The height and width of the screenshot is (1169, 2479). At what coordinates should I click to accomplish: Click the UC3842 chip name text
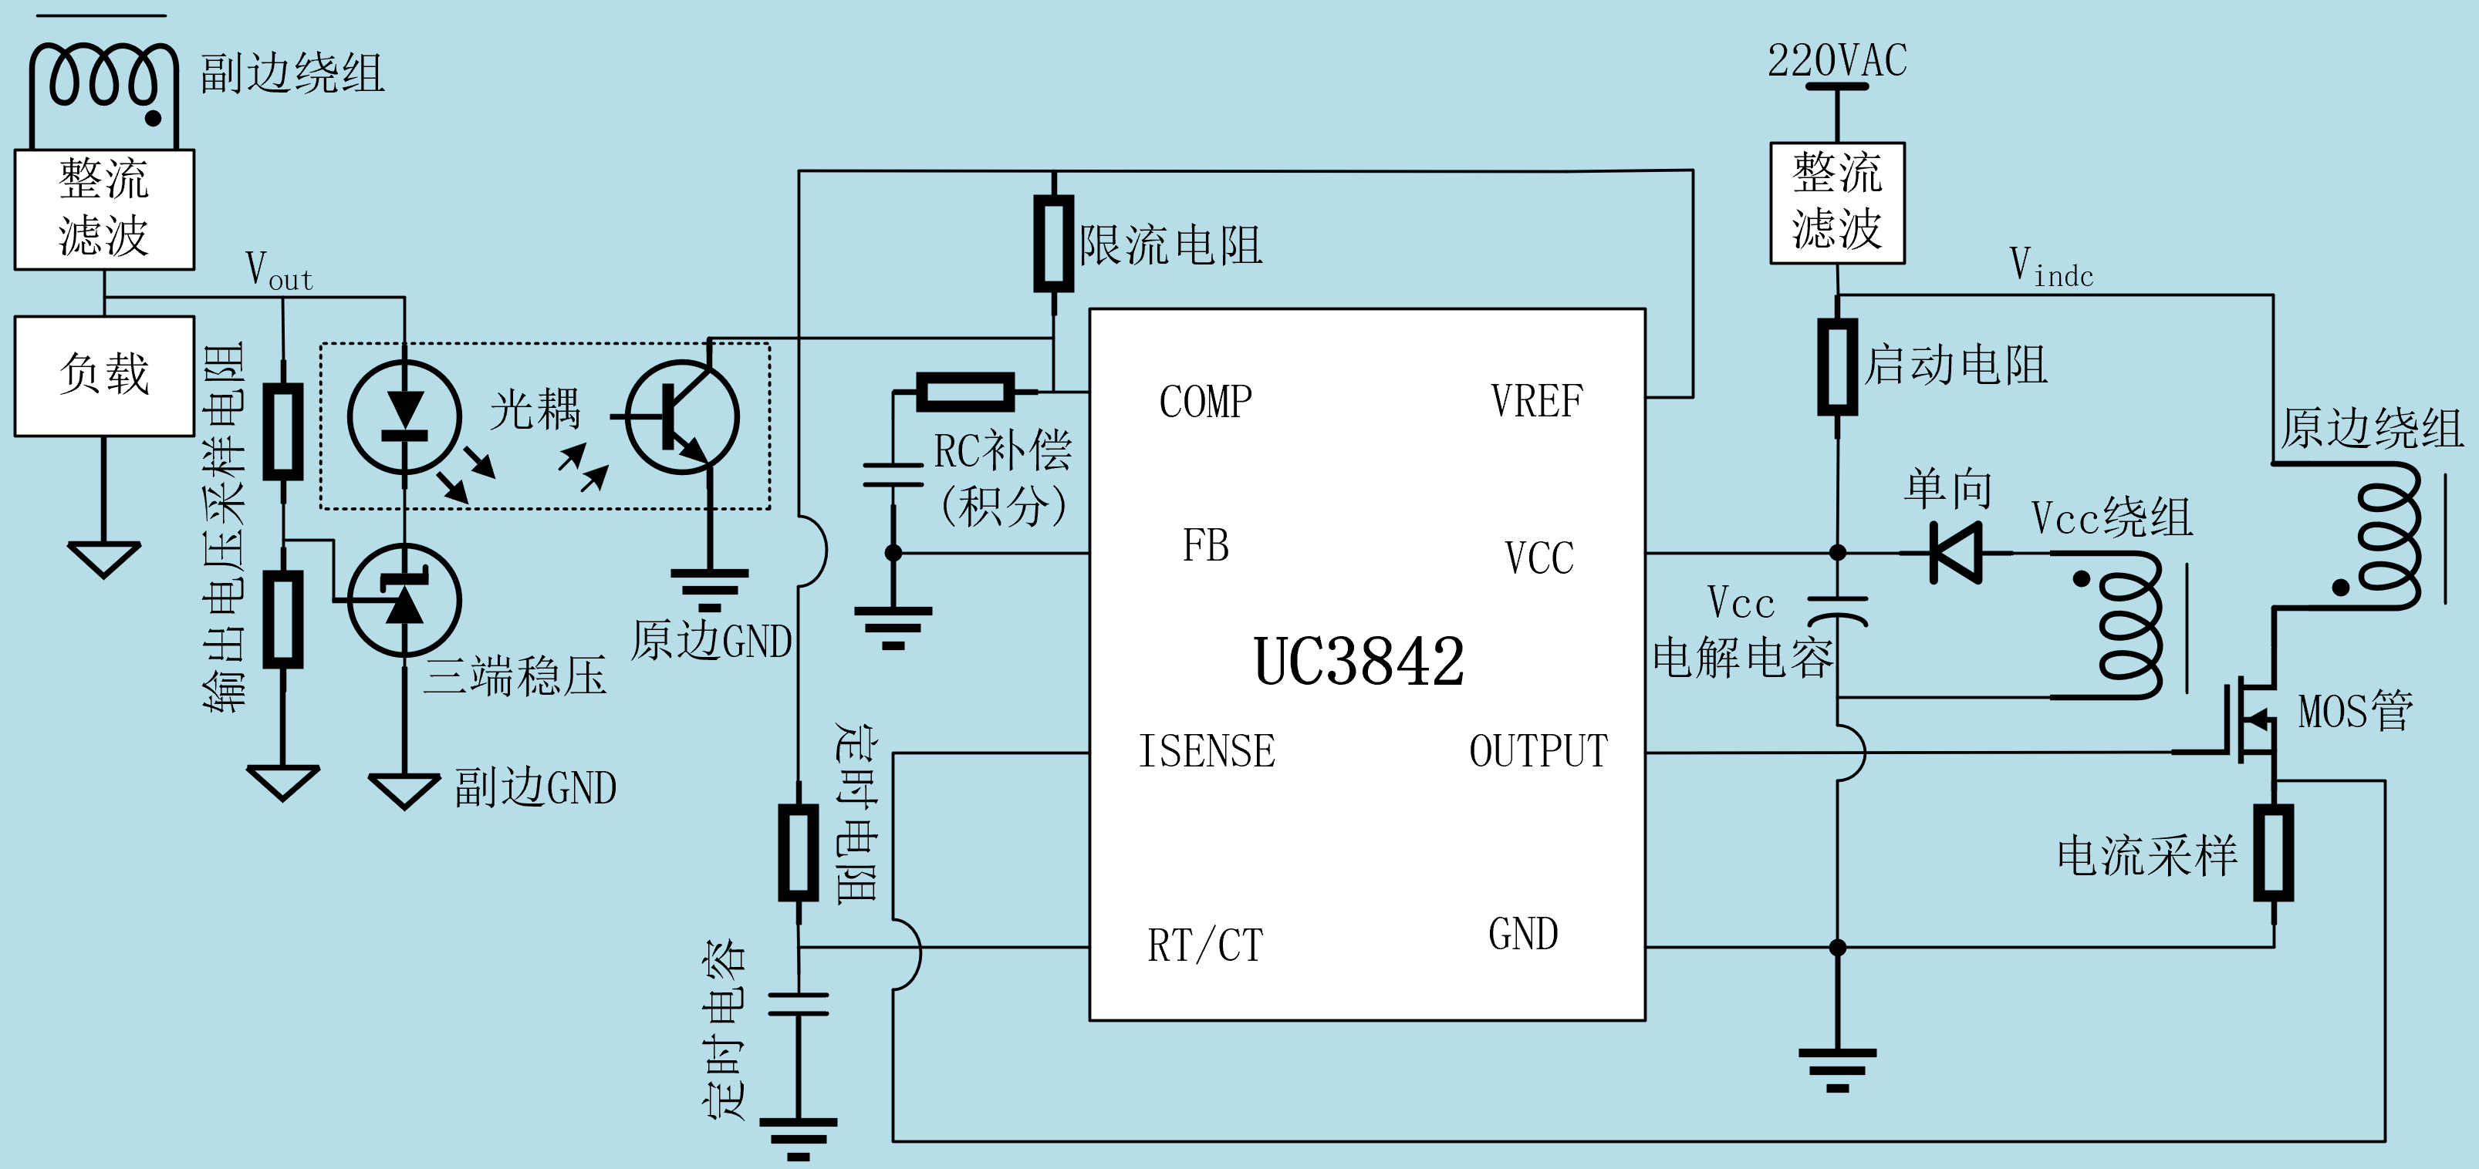[x=1358, y=662]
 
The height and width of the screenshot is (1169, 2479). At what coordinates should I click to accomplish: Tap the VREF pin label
[x=1536, y=401]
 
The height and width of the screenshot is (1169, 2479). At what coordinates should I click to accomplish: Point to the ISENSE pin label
[x=1207, y=751]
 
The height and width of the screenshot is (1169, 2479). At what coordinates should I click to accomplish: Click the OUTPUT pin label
[x=1538, y=751]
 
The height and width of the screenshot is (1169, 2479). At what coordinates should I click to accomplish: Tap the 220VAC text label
[x=1836, y=61]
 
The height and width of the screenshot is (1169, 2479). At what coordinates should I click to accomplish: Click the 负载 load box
[x=104, y=376]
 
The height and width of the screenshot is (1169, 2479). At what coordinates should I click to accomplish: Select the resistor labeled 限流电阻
[x=1054, y=244]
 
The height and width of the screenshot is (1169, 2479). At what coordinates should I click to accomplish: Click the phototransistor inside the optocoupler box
[x=682, y=416]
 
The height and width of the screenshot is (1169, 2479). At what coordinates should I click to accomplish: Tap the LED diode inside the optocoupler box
[x=404, y=416]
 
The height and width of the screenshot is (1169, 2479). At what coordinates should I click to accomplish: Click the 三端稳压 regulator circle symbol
[x=404, y=601]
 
